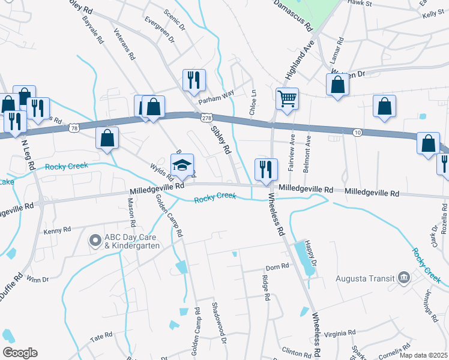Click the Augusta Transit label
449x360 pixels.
(370, 278)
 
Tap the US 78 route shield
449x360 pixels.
(74, 128)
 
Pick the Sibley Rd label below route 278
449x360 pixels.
(220, 139)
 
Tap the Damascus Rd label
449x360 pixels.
(294, 16)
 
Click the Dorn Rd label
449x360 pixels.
(277, 268)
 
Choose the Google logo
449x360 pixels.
(20, 353)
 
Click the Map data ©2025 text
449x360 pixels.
(423, 355)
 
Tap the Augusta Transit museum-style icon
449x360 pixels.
(404, 277)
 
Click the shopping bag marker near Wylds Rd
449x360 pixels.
(107, 138)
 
